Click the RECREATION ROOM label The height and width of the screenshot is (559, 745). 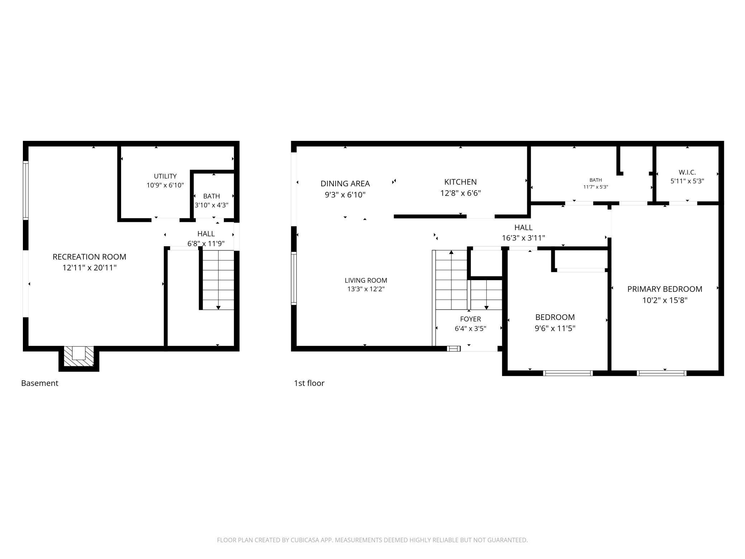(90, 257)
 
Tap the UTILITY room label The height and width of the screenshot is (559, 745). (165, 176)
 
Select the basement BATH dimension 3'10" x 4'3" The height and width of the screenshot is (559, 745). (211, 205)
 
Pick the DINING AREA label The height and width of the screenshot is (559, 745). (345, 183)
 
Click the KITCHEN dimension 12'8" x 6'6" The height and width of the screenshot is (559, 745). (461, 193)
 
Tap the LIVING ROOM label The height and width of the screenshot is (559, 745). (366, 281)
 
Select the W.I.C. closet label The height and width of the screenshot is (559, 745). (687, 172)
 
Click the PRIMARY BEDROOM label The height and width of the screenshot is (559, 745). (665, 289)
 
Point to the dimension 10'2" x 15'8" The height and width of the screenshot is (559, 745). (665, 300)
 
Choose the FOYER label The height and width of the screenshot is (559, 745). (470, 319)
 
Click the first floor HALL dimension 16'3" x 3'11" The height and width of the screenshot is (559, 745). (523, 238)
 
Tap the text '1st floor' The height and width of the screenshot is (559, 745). (309, 383)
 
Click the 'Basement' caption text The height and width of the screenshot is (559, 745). (40, 383)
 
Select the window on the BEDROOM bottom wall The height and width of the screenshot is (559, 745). (568, 373)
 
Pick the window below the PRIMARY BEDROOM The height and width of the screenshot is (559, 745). (662, 373)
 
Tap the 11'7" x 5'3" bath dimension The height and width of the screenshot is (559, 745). (596, 187)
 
